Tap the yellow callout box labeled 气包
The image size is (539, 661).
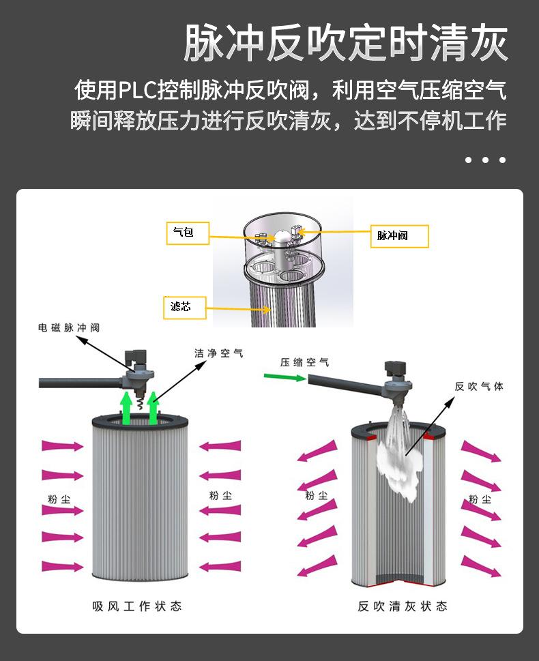click(x=188, y=233)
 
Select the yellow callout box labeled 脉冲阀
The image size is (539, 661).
click(x=399, y=236)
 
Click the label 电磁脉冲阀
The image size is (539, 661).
click(x=69, y=328)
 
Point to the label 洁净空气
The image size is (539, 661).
click(x=218, y=353)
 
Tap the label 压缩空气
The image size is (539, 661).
click(x=304, y=362)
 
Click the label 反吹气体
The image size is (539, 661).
click(x=479, y=386)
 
